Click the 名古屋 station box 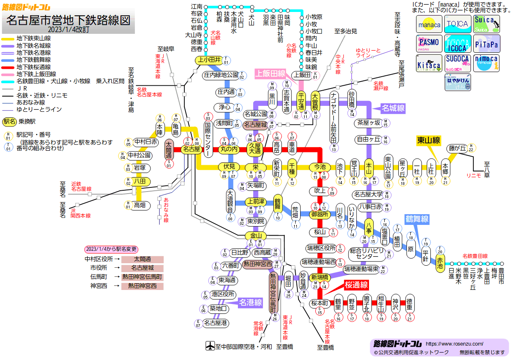point(191,149)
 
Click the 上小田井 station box point(208,60)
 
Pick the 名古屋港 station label point(216,323)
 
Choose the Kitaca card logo point(429,63)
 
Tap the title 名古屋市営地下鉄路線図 point(68,20)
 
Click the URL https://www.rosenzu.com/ point(454,344)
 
